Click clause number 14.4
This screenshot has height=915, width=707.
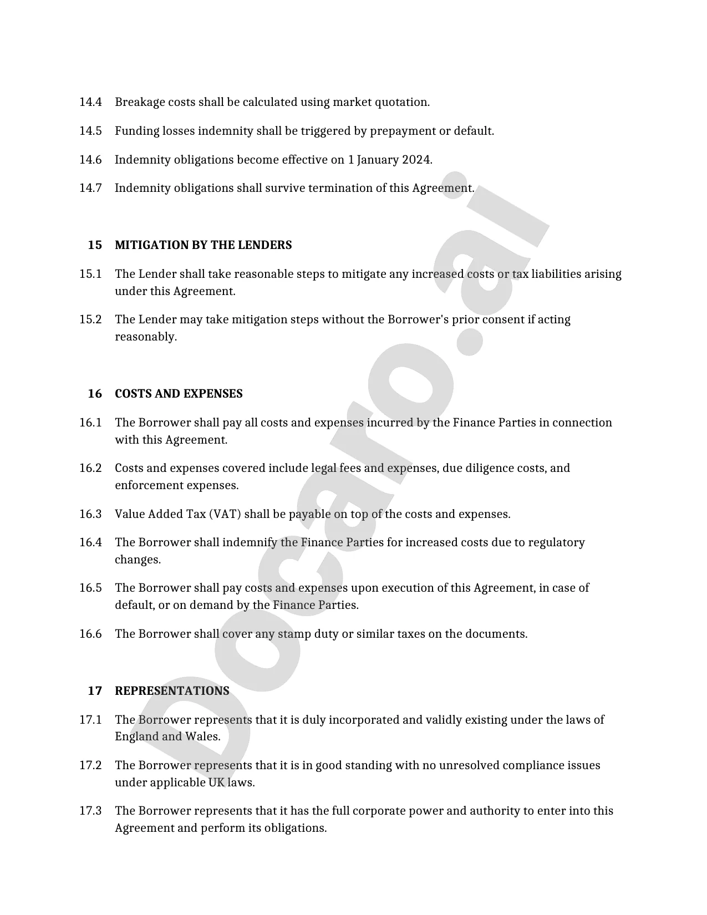tap(90, 102)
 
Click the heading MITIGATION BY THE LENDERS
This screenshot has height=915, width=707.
tap(203, 245)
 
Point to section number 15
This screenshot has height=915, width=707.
tap(95, 245)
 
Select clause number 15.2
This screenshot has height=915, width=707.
tap(90, 319)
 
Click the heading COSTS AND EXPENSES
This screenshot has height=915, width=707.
tap(179, 394)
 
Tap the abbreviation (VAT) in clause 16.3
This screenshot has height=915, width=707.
tap(225, 514)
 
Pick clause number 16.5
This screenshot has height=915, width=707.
tap(90, 588)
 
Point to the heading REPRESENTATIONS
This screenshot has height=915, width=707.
tap(172, 691)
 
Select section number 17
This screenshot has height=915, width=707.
tap(95, 691)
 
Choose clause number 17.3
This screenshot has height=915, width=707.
tap(90, 811)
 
